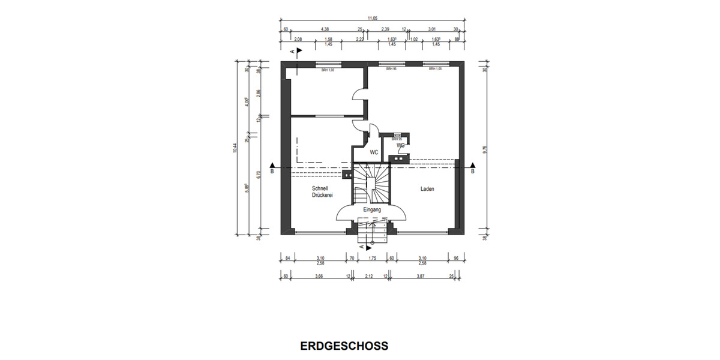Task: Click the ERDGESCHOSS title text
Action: [x=344, y=346]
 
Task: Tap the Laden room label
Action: [x=427, y=189]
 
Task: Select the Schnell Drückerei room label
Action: [x=322, y=192]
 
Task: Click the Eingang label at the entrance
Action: [x=373, y=209]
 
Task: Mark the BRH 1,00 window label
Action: [x=327, y=70]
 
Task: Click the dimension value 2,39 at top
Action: [x=385, y=29]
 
